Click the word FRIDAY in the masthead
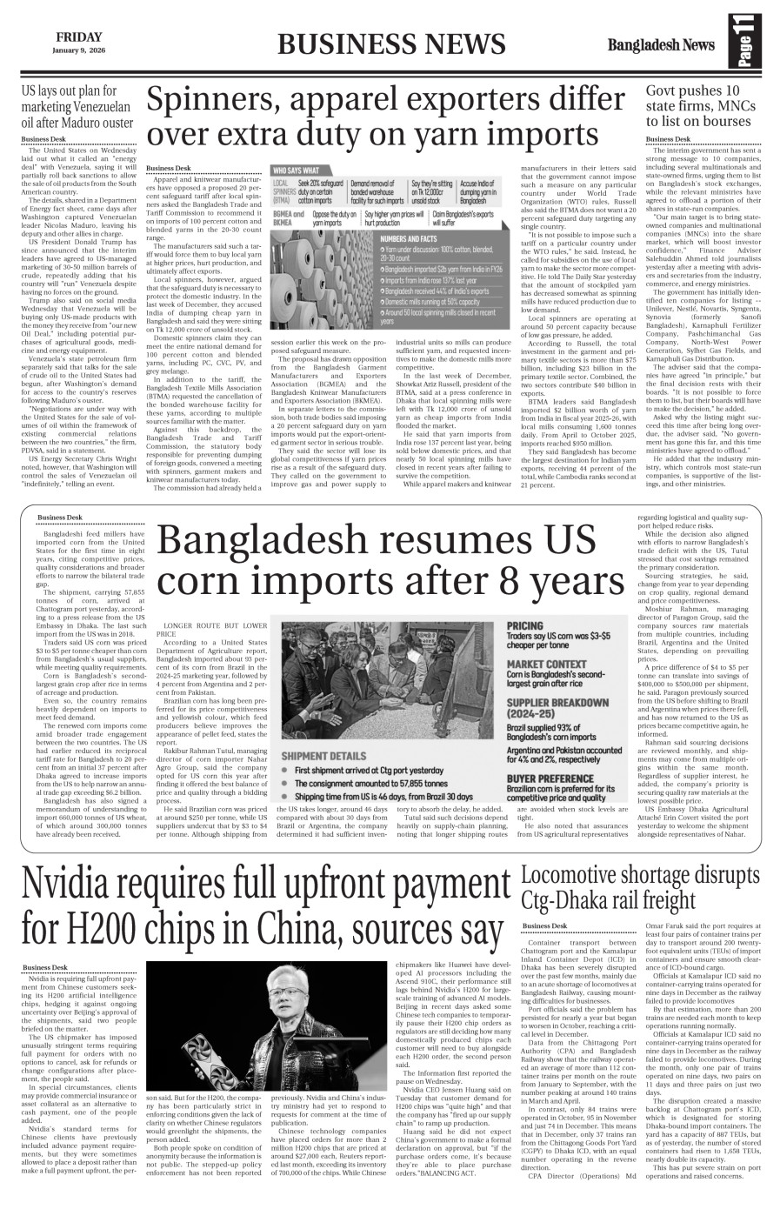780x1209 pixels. tap(77, 37)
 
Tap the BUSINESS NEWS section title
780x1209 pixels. tap(390, 44)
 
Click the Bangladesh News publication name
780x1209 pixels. tap(661, 44)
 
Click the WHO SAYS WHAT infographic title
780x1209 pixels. tap(296, 170)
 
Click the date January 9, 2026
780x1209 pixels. tap(77, 50)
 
